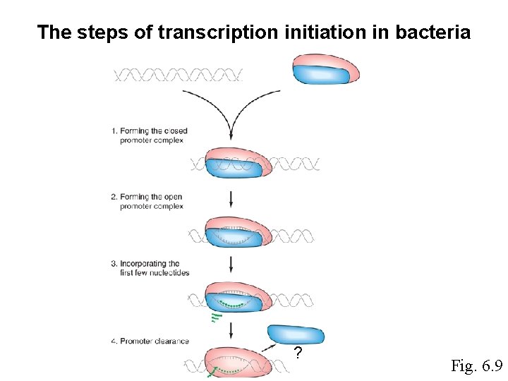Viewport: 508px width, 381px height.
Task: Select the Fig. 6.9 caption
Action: tap(476, 365)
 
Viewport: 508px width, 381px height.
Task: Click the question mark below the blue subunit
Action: tap(298, 353)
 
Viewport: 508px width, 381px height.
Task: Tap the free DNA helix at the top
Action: tap(178, 74)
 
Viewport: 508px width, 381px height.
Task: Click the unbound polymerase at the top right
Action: tap(325, 68)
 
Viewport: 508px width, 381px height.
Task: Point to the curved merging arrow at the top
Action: tap(231, 113)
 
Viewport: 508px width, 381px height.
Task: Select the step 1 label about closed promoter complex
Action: tap(149, 135)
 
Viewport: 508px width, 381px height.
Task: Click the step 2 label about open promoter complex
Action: tap(149, 201)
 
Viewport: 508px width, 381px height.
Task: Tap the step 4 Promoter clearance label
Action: tap(150, 341)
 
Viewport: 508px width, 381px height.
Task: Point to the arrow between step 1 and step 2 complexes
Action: tap(231, 198)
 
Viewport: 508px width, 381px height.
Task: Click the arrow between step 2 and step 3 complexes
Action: tap(231, 265)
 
